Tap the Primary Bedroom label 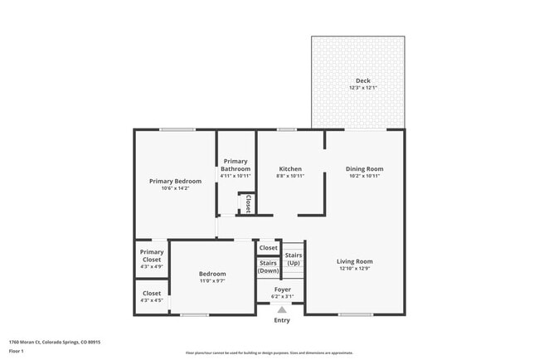tap(175, 181)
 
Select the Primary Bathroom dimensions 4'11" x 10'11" tap(236, 176)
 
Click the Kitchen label tap(289, 168)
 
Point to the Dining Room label tap(364, 168)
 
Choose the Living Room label tap(356, 261)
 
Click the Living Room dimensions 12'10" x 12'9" tap(356, 269)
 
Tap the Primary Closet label tap(152, 255)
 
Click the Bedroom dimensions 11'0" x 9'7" tap(212, 281)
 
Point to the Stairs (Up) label tap(294, 259)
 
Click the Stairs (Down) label tap(268, 267)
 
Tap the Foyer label tap(282, 289)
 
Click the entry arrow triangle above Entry tap(282, 309)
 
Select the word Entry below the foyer tap(282, 320)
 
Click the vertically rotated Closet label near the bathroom tap(247, 204)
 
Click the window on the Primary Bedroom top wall tap(177, 129)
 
